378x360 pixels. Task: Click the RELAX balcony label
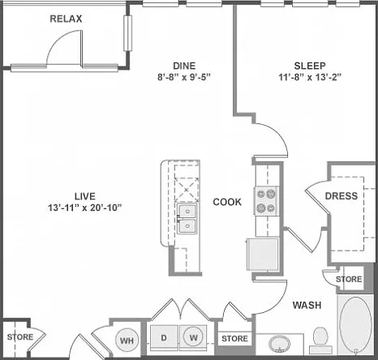tap(66, 19)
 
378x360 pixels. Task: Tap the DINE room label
tap(184, 66)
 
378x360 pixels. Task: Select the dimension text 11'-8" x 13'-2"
tap(310, 77)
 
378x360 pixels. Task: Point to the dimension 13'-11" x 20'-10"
tap(85, 208)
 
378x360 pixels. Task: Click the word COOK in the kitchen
tap(227, 202)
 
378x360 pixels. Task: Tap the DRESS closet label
tap(341, 196)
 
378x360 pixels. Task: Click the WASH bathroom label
tap(307, 305)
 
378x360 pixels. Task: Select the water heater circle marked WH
tap(127, 340)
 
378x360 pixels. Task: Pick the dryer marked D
tap(164, 337)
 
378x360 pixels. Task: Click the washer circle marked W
tap(194, 337)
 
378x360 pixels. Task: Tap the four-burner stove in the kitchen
tap(266, 201)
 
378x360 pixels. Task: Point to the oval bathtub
tap(355, 324)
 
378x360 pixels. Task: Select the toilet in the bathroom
tap(320, 341)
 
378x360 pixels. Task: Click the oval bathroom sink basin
tap(279, 344)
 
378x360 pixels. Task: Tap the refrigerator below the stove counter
tap(263, 254)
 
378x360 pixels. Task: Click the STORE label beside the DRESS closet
tap(349, 279)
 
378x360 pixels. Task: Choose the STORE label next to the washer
tap(234, 338)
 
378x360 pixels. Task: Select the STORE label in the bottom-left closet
tap(20, 337)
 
